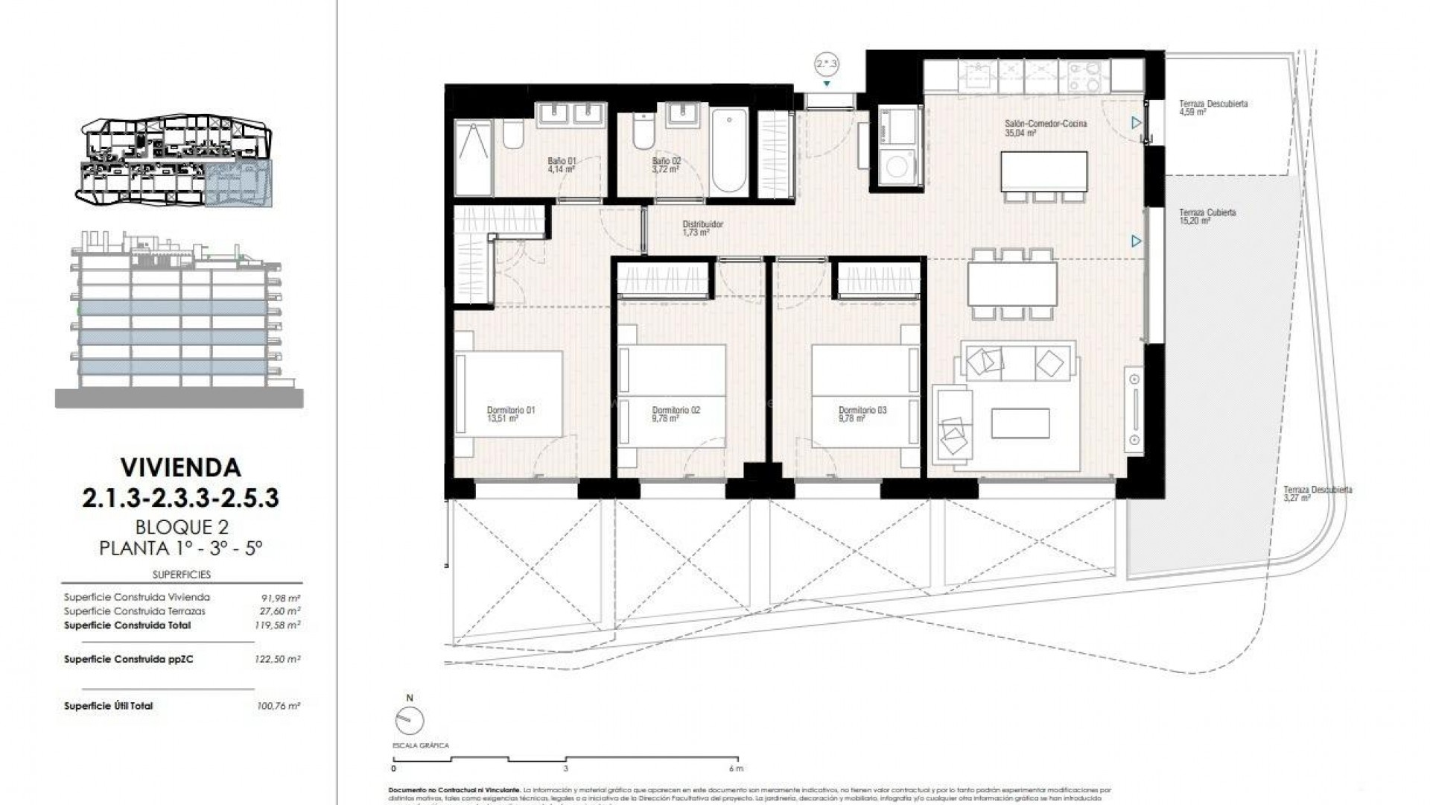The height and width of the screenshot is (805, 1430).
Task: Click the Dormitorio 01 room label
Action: (x=510, y=414)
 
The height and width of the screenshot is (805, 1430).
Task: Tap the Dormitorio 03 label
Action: (x=862, y=414)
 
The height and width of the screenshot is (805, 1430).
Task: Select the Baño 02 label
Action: (x=666, y=165)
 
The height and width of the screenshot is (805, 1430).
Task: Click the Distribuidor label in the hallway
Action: (x=702, y=228)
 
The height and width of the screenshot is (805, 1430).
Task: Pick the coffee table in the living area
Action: (x=1020, y=423)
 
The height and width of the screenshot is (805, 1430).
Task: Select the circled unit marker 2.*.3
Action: (x=827, y=65)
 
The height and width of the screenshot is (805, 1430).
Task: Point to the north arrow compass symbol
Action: (x=409, y=720)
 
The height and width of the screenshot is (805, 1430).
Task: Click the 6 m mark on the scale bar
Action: (x=736, y=768)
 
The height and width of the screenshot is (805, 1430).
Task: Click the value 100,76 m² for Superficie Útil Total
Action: (x=277, y=706)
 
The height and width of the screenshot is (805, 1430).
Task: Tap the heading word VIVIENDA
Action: (x=180, y=467)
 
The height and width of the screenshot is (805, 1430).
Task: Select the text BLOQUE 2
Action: (x=180, y=527)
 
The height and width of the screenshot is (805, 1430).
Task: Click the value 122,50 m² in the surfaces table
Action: (x=277, y=660)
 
